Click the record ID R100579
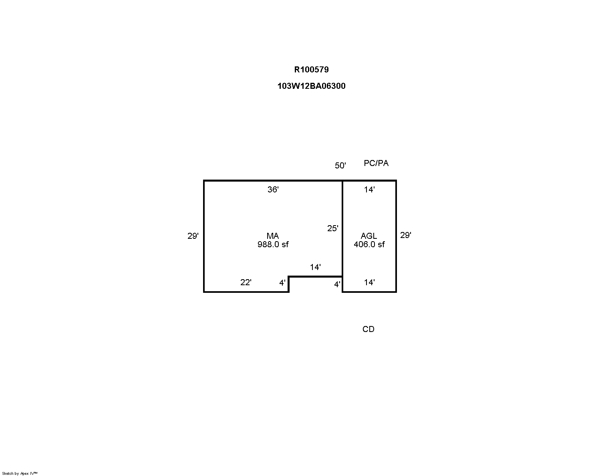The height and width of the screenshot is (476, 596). tap(311, 70)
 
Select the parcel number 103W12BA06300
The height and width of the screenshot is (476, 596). tap(311, 86)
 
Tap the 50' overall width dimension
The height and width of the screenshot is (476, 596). tap(340, 165)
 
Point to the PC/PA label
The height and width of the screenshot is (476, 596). tap(376, 163)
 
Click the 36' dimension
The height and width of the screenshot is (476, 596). tap(273, 190)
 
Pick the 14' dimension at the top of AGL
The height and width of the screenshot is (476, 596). tap(369, 190)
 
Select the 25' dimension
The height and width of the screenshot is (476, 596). tap(332, 228)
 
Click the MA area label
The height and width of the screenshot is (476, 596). tap(272, 236)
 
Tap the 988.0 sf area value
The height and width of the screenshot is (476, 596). tap(273, 244)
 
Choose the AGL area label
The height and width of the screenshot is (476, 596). tap(369, 236)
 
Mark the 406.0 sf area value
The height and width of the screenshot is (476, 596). tap(369, 244)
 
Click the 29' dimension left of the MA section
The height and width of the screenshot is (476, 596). tap(193, 236)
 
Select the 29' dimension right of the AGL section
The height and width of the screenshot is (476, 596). tap(405, 235)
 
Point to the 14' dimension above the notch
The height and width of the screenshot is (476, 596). tap(315, 267)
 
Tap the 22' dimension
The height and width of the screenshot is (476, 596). tap(246, 282)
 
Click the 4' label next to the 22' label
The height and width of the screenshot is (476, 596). tap(282, 283)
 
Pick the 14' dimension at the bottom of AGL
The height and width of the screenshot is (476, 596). tap(369, 282)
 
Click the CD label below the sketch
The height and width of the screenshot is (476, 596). tap(368, 329)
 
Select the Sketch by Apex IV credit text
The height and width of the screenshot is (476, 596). tap(20, 474)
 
